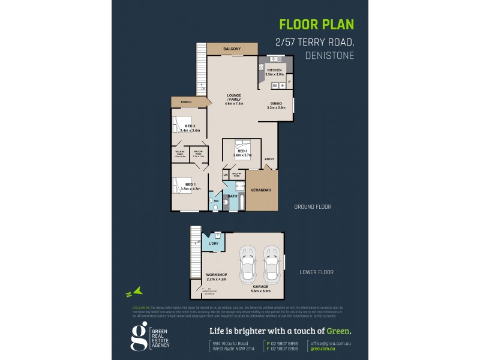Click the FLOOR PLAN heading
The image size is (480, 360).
click(x=316, y=25)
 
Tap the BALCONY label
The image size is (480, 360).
click(x=232, y=49)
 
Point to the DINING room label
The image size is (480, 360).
click(x=277, y=103)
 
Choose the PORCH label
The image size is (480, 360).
click(x=178, y=102)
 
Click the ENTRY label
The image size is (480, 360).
click(x=269, y=158)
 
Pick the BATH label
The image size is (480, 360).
click(x=233, y=196)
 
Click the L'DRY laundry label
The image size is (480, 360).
click(x=212, y=244)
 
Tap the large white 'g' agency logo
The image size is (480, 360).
click(x=139, y=335)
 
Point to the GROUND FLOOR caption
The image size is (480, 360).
click(x=312, y=206)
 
